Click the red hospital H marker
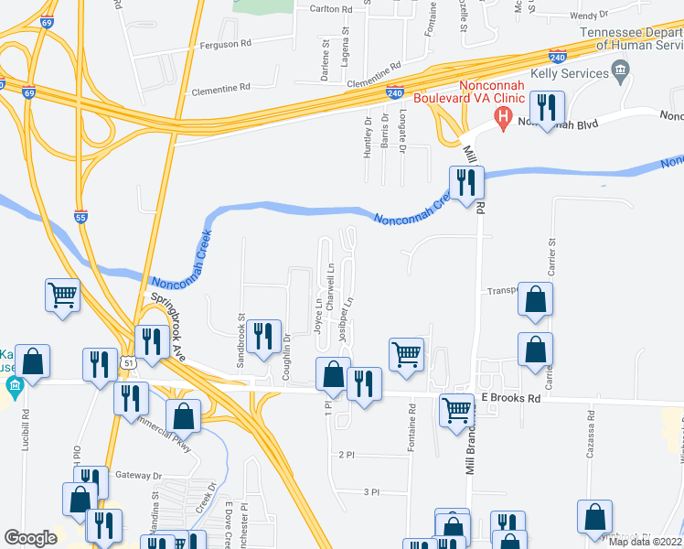502,117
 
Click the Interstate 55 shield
81,216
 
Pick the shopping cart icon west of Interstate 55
63,296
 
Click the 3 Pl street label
371,492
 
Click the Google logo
31,538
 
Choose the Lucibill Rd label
27,425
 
